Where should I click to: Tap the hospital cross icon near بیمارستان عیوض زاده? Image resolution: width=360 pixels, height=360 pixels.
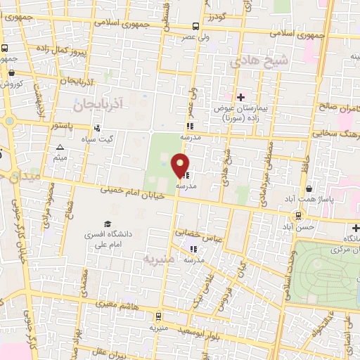[x=241, y=97]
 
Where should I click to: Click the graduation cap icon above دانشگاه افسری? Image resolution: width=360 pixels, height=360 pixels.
[x=108, y=222]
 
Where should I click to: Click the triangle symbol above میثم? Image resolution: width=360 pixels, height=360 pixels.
[x=60, y=148]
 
